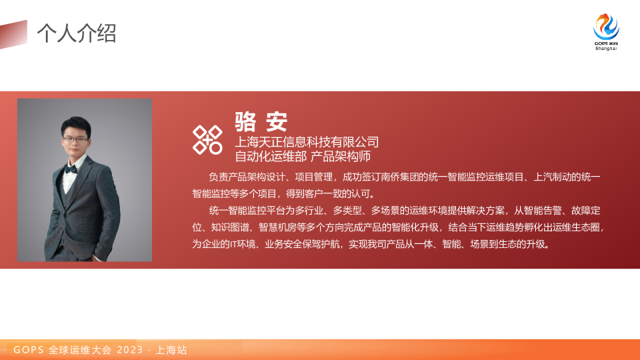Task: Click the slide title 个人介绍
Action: (76, 33)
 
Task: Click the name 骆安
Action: (261, 121)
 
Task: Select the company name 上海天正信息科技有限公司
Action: (307, 142)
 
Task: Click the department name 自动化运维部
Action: (271, 157)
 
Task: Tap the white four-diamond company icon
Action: (207, 139)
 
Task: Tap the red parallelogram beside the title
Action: (15, 33)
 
